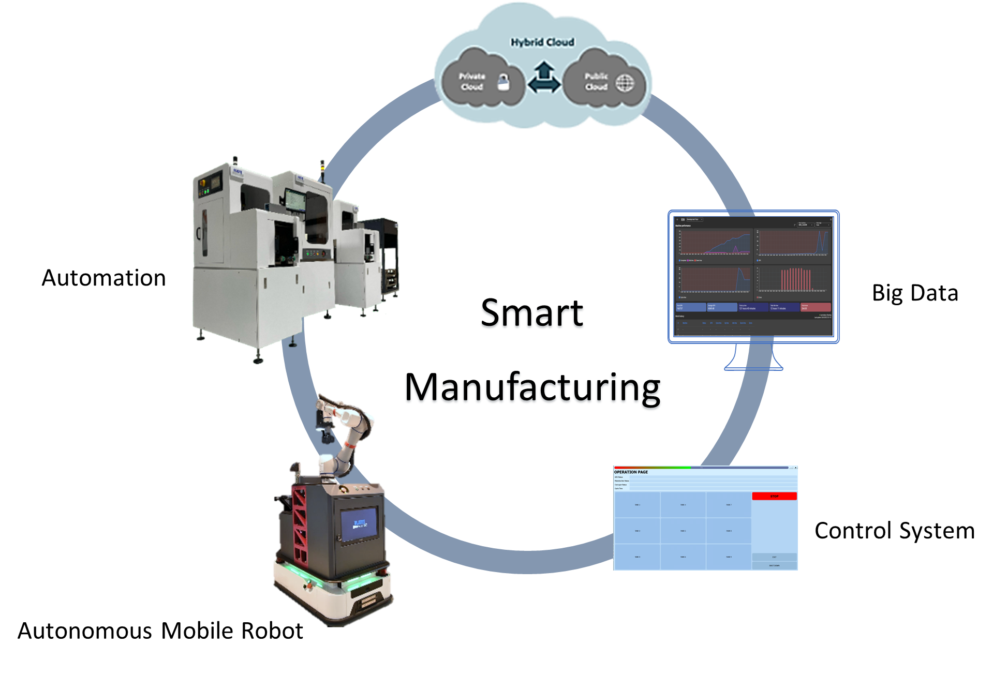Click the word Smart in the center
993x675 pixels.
[x=532, y=313]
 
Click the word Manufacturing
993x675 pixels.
[x=532, y=389]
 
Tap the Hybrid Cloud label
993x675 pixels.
[x=542, y=42]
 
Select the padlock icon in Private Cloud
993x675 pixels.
[x=503, y=82]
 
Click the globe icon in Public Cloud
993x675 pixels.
[x=625, y=83]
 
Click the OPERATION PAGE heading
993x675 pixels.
[x=631, y=472]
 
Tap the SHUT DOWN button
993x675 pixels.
[x=774, y=565]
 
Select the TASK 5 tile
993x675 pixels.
[x=683, y=531]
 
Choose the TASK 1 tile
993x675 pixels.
[x=637, y=505]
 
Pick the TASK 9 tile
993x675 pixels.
[x=729, y=557]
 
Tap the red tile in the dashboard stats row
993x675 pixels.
[x=816, y=307]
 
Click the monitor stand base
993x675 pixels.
[x=753, y=367]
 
